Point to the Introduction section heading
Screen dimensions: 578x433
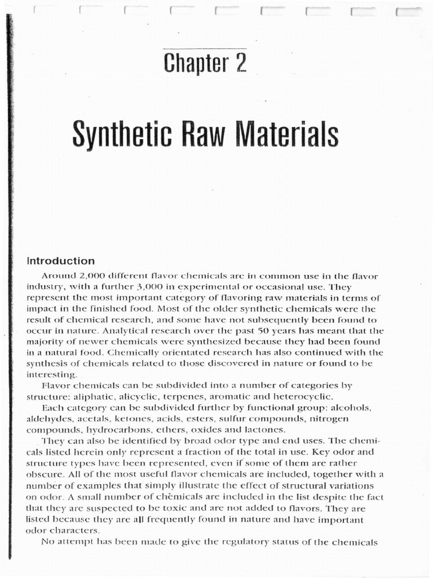61,261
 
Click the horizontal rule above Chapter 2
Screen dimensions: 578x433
205,49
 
